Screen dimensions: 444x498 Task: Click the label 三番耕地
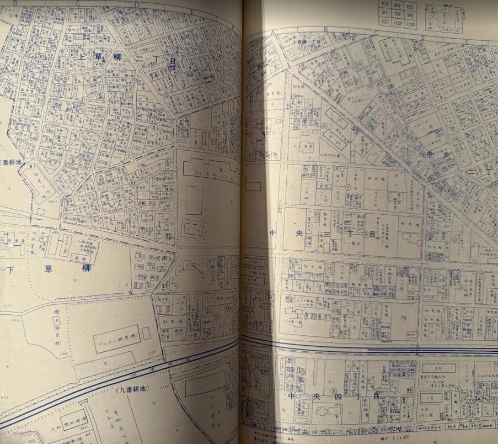12,163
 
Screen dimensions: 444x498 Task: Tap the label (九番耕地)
134,389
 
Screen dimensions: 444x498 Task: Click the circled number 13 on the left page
155,16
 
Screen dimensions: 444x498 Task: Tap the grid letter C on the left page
78,3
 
